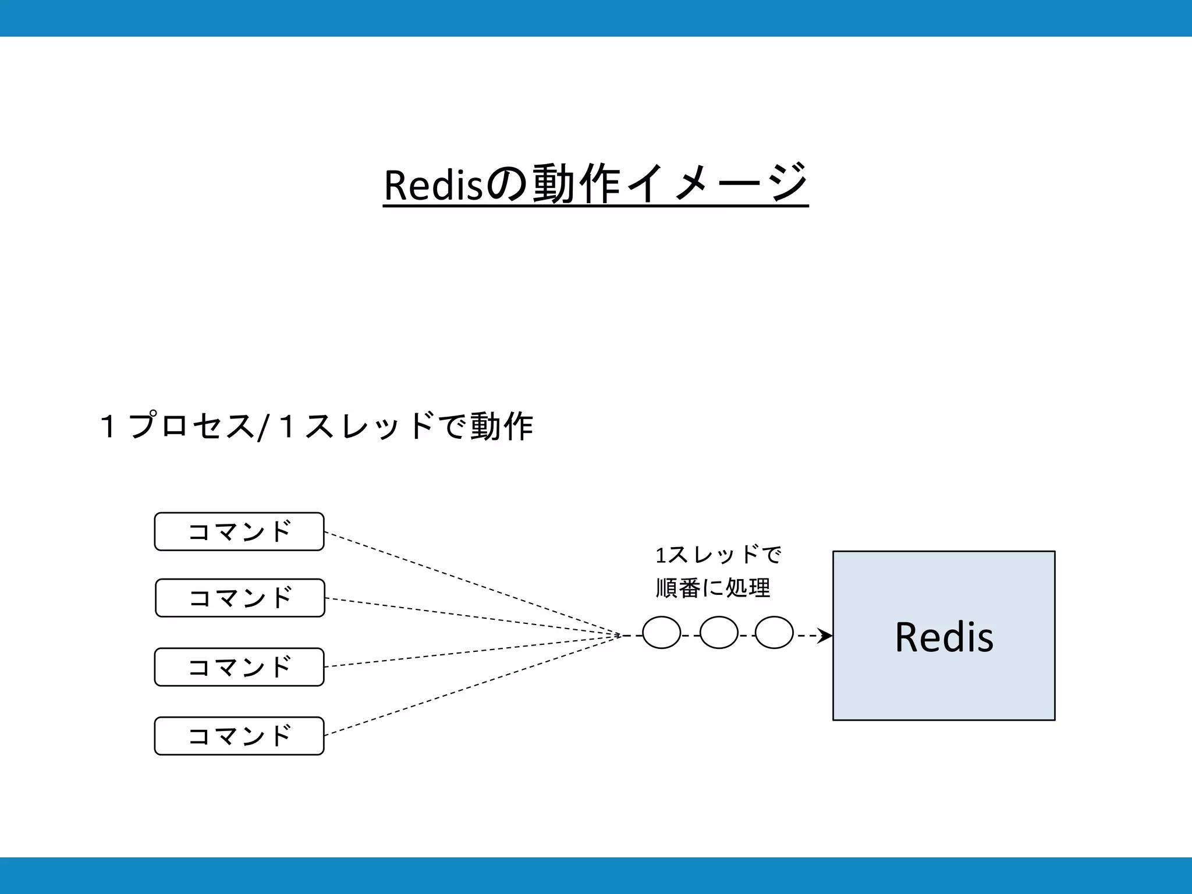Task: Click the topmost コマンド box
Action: pyautogui.click(x=239, y=531)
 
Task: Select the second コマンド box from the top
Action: pyautogui.click(x=240, y=598)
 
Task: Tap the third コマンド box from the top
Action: pyautogui.click(x=239, y=667)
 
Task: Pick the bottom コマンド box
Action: pyautogui.click(x=239, y=736)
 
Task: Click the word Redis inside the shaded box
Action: pyautogui.click(x=944, y=637)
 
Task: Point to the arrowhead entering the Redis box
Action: pyautogui.click(x=825, y=636)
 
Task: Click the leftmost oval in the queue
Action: pyautogui.click(x=661, y=633)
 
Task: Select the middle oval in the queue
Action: pyautogui.click(x=719, y=633)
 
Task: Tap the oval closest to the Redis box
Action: pyautogui.click(x=774, y=633)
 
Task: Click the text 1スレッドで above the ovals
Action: pyautogui.click(x=718, y=555)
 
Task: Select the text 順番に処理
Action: pyautogui.click(x=713, y=588)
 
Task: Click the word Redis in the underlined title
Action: pyautogui.click(x=433, y=185)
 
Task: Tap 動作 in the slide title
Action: pyautogui.click(x=576, y=184)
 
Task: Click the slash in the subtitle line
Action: pyautogui.click(x=263, y=427)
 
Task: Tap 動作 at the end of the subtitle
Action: pyautogui.click(x=501, y=425)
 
